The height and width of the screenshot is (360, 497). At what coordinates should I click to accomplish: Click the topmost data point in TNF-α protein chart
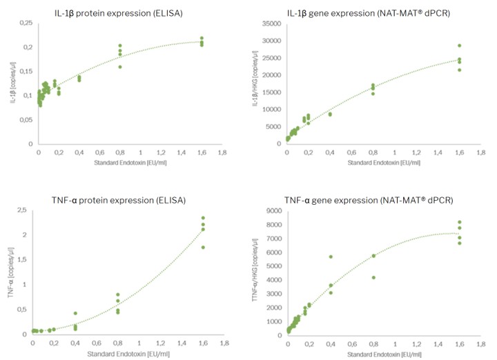[203, 218]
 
